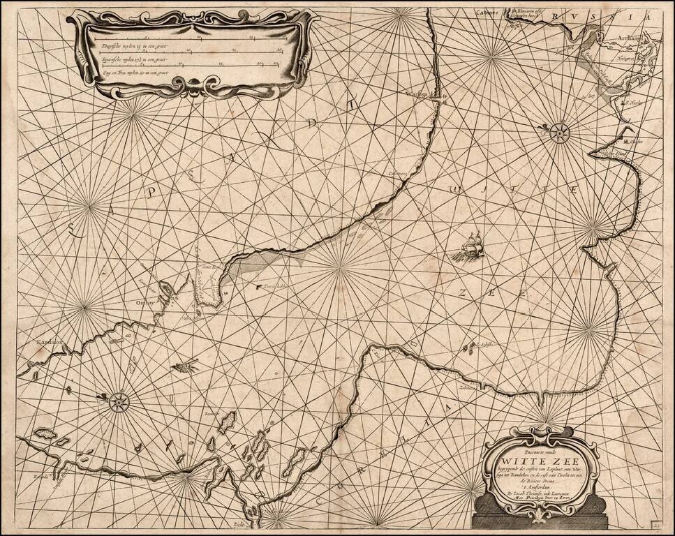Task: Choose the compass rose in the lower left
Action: click(x=119, y=401)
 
